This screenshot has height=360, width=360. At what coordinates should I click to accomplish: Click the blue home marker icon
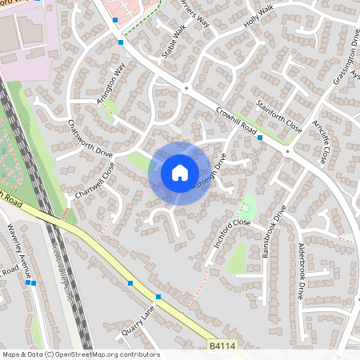[180, 173]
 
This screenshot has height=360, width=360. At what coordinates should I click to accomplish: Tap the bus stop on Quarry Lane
[158, 297]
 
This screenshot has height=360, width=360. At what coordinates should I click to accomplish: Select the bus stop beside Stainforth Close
[260, 138]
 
